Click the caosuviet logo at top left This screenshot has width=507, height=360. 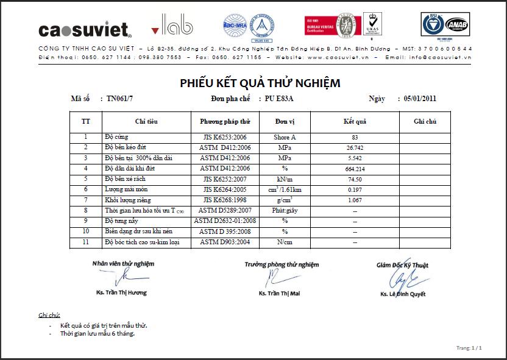pyautogui.click(x=85, y=29)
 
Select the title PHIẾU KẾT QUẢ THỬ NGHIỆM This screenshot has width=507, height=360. pyautogui.click(x=260, y=83)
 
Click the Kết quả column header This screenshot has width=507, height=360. pyautogui.click(x=355, y=121)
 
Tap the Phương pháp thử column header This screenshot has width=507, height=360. pyautogui.click(x=225, y=121)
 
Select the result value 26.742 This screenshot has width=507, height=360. pyautogui.click(x=355, y=148)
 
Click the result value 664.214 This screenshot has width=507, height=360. pyautogui.click(x=355, y=169)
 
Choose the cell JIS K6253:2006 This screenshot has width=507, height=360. pyautogui.click(x=225, y=138)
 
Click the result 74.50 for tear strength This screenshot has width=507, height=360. pyautogui.click(x=355, y=179)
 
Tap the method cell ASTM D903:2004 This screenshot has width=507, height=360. pyautogui.click(x=225, y=242)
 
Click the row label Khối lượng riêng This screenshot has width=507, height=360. pyautogui.click(x=129, y=200)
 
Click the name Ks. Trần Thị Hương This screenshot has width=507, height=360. pyautogui.click(x=121, y=293)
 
